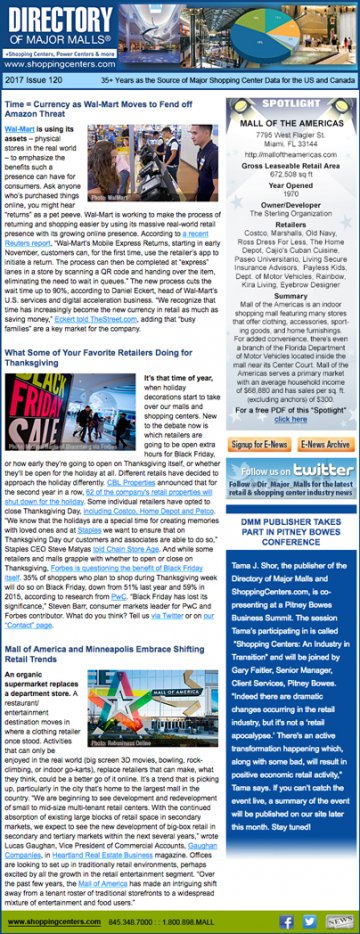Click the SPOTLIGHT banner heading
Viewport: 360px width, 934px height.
[292, 103]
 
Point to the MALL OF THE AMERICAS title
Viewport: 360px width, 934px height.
[292, 122]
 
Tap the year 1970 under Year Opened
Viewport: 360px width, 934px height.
[292, 194]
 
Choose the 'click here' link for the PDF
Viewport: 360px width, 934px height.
[291, 420]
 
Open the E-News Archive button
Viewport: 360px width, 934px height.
[325, 444]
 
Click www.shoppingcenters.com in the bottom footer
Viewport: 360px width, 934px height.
[49, 919]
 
